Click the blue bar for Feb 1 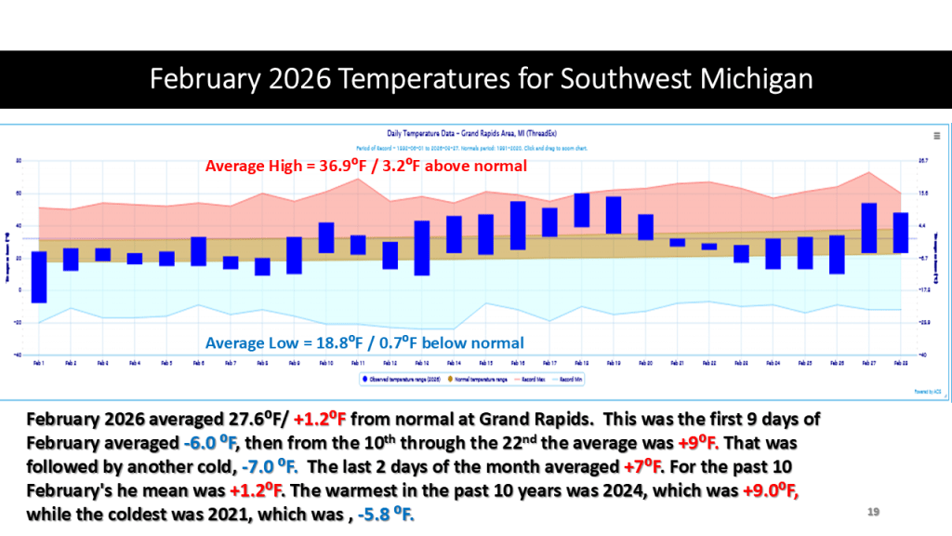coord(39,276)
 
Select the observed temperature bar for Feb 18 coord(582,210)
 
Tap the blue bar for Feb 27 coord(869,228)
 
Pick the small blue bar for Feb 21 coord(678,243)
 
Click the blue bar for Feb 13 coord(422,248)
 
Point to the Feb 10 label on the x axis coord(325,362)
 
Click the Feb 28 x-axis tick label coord(900,362)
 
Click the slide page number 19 coord(873,511)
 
